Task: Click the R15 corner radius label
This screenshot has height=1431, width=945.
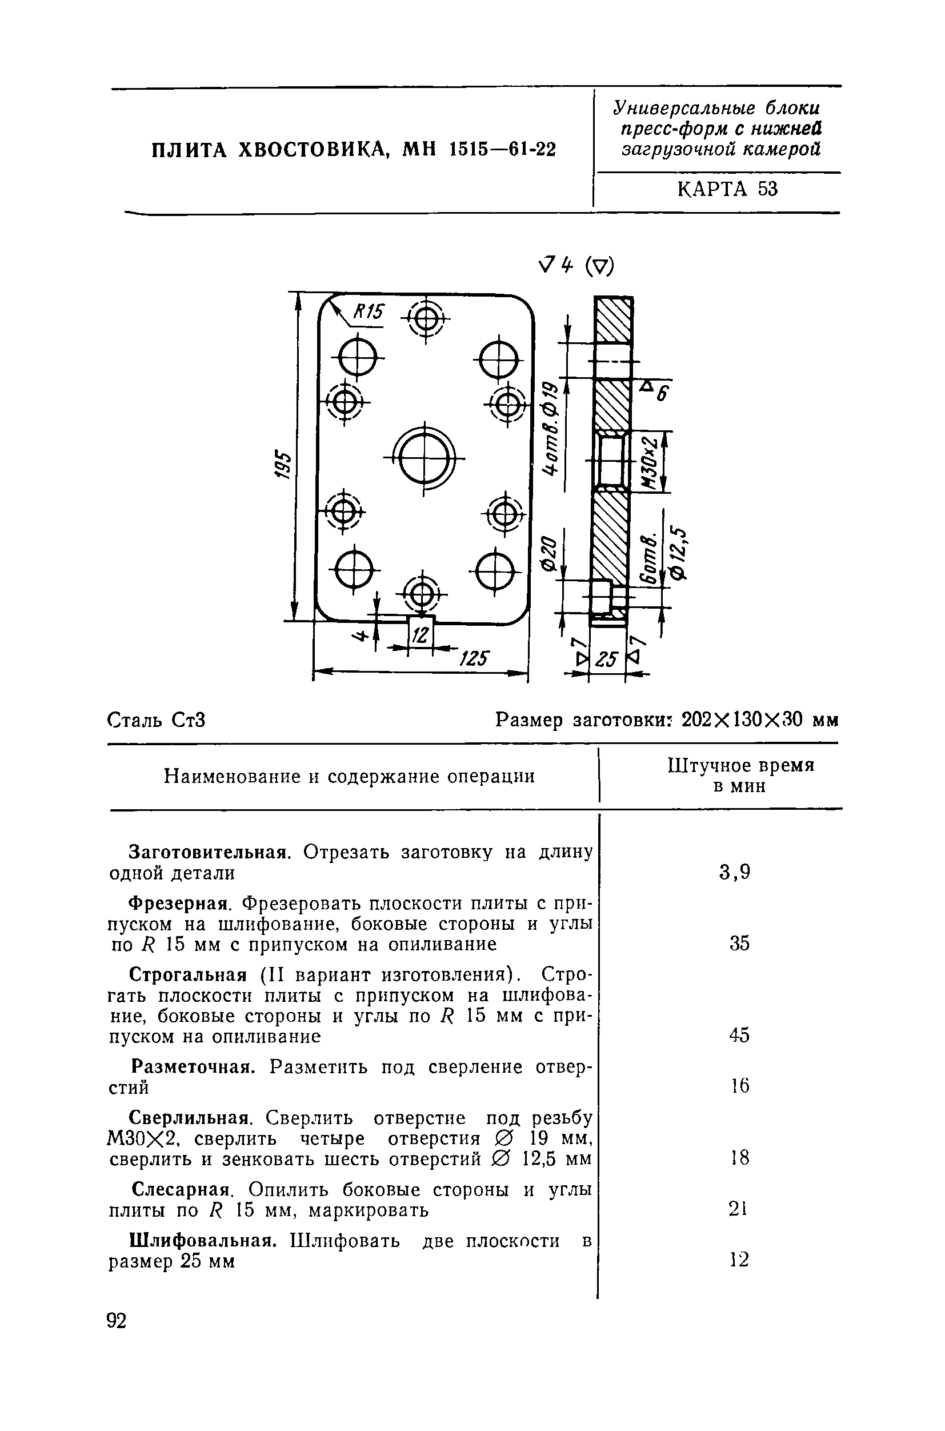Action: (x=367, y=312)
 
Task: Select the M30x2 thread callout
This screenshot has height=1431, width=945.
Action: (x=648, y=461)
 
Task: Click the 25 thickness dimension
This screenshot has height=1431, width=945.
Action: (x=607, y=660)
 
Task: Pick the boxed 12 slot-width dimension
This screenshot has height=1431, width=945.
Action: (x=421, y=634)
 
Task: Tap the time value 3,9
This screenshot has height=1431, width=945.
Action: (x=735, y=872)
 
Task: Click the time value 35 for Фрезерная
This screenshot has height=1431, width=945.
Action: (x=739, y=944)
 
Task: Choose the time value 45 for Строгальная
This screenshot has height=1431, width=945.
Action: (x=739, y=1035)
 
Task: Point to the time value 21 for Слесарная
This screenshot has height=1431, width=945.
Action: (x=738, y=1208)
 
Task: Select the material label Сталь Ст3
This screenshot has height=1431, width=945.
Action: (x=157, y=720)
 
